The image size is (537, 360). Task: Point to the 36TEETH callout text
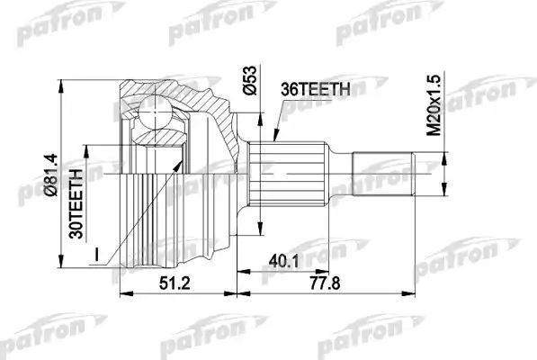316,90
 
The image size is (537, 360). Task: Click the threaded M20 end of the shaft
382,174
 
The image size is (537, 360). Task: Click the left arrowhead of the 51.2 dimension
123,291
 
